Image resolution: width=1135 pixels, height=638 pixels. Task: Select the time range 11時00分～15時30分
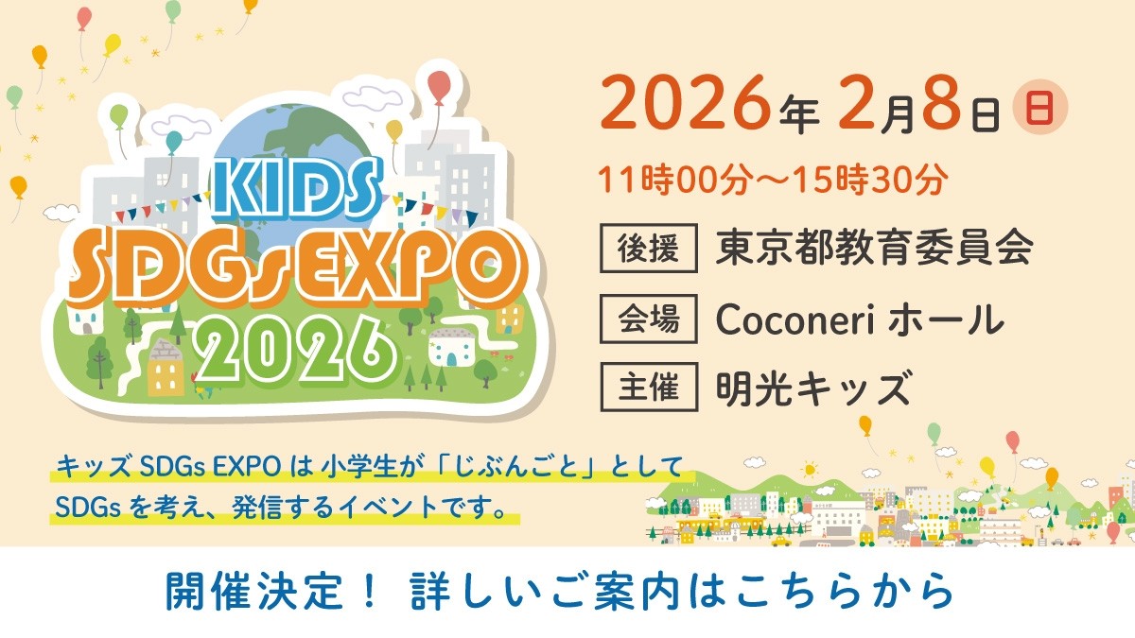coord(770,181)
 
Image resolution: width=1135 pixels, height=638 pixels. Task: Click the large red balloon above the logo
coord(440,87)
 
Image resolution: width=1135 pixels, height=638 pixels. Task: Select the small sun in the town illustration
coord(809,469)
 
